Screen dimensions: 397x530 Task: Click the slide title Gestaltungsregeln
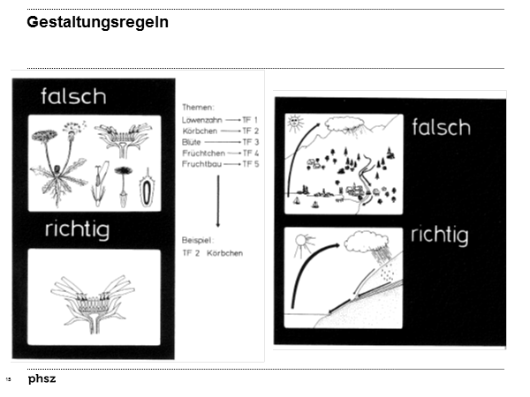click(97, 22)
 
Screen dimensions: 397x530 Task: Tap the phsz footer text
click(42, 378)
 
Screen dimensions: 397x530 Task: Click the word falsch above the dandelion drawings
click(74, 96)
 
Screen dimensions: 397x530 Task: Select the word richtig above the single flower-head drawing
click(78, 231)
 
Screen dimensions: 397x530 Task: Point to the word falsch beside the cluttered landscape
click(442, 128)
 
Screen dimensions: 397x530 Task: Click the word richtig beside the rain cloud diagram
click(439, 236)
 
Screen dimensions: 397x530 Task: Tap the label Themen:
click(199, 107)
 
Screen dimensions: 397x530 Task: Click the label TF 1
click(250, 118)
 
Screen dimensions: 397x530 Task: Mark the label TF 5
click(250, 164)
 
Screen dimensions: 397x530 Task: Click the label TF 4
click(250, 153)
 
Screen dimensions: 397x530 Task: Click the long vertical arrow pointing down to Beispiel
click(218, 201)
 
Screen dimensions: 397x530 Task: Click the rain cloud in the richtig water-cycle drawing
click(362, 241)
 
